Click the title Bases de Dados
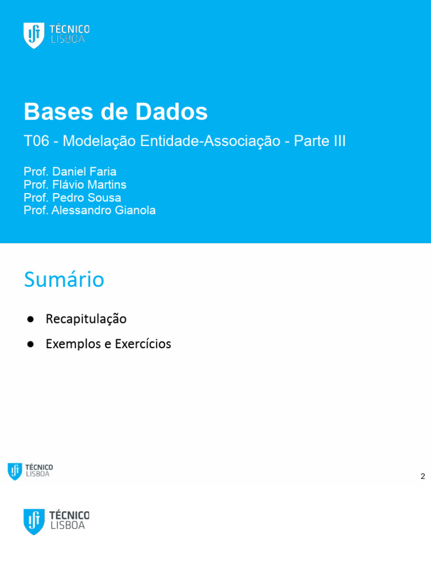coord(116,112)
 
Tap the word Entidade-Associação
coord(210,142)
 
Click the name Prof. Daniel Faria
coord(70,171)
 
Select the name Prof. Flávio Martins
coord(75,184)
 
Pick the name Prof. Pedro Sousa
coord(72,198)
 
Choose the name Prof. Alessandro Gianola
coord(90,211)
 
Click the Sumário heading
coord(64,280)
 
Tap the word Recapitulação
coord(86,319)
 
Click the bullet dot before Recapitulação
coord(31,319)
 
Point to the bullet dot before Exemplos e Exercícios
coord(31,344)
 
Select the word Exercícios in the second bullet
coord(143,344)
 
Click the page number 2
coord(423,477)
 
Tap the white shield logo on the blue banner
coord(34,35)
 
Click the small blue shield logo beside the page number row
coord(15,471)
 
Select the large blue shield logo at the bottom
coord(34,521)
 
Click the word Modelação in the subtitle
coord(99,142)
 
